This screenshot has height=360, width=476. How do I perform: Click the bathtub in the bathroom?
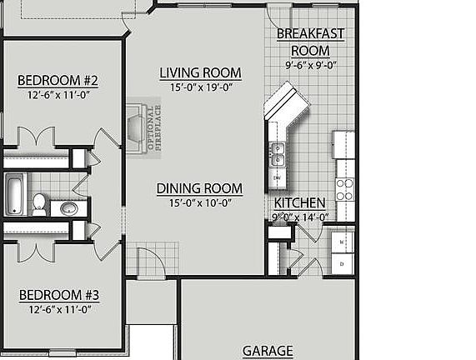[x=14, y=193]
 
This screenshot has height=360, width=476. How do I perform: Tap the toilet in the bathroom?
[x=38, y=202]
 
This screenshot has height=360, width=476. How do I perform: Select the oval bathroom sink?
[x=69, y=207]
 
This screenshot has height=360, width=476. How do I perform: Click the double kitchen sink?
[x=277, y=154]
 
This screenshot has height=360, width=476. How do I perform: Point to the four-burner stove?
[x=344, y=189]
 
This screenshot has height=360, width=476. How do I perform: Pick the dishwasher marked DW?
[x=277, y=178]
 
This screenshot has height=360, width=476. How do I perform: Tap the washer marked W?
[x=343, y=242]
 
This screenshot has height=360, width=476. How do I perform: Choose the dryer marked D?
[x=343, y=263]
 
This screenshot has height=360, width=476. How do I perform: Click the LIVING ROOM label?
[x=200, y=73]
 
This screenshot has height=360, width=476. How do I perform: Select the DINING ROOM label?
[x=199, y=188]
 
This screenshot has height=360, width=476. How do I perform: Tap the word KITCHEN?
[x=299, y=203]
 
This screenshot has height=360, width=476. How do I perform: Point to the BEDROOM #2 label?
[x=58, y=81]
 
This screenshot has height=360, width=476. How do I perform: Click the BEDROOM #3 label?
[x=59, y=295]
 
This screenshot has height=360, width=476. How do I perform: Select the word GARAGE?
[x=268, y=351]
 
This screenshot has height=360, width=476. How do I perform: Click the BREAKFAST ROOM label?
[x=310, y=42]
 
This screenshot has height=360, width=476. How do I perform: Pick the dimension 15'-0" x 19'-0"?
[x=200, y=87]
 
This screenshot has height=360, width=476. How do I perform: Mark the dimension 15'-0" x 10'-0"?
[x=199, y=202]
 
